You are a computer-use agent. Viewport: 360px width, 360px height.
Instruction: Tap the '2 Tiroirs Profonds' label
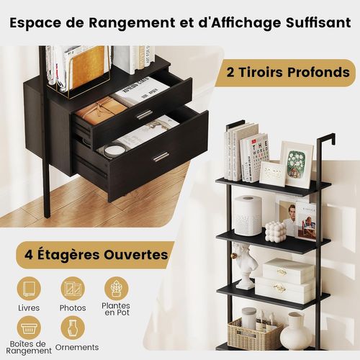pos(290,73)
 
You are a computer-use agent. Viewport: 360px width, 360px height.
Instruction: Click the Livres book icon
pos(29,288)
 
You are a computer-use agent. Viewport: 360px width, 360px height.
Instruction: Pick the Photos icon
pos(73,288)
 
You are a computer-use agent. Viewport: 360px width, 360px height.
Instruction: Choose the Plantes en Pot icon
pos(116,289)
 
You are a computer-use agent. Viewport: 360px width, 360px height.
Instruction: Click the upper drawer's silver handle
pos(145,114)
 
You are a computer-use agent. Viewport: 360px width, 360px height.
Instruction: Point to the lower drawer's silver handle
pos(161,156)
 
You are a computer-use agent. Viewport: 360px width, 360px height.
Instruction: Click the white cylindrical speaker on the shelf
pos(247,215)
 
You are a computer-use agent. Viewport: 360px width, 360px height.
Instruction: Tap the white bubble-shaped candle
pos(274,231)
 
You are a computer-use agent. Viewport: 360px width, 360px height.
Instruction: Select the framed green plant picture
pos(296,163)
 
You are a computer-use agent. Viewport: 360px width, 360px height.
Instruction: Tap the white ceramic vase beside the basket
pos(294,332)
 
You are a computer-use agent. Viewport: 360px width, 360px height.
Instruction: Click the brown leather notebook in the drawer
pos(102,111)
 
